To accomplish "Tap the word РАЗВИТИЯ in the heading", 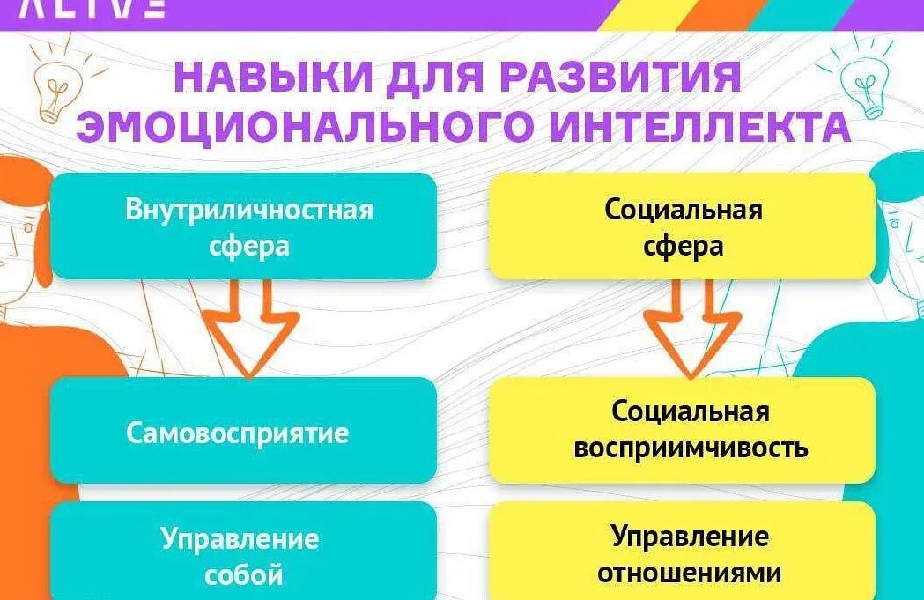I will click(x=621, y=78).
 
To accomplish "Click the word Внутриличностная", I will click(x=249, y=210).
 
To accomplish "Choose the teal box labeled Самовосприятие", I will click(x=243, y=432).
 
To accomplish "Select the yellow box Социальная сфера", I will click(x=682, y=226).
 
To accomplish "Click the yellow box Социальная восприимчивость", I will click(x=682, y=430).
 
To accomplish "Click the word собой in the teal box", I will click(x=244, y=575).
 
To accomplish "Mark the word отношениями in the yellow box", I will click(x=690, y=573).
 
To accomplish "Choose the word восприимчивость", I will click(x=691, y=448).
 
